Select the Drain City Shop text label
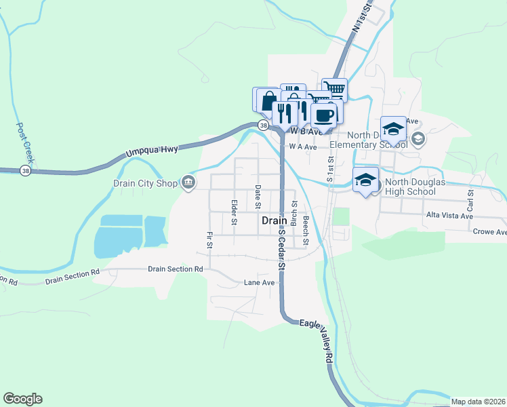pyautogui.click(x=144, y=182)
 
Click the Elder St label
pyautogui.click(x=235, y=212)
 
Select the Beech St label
pyautogui.click(x=306, y=230)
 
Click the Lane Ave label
pyautogui.click(x=259, y=282)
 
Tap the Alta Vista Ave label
pyautogui.click(x=448, y=216)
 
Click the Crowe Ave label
pyautogui.click(x=490, y=232)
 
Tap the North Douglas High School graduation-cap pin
pyautogui.click(x=365, y=180)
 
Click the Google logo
pyautogui.click(x=22, y=399)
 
